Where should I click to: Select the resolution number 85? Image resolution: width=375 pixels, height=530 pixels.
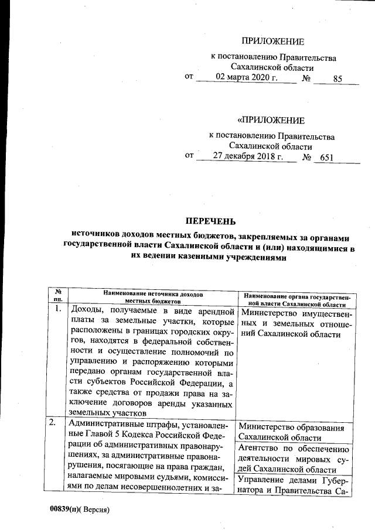click(337, 78)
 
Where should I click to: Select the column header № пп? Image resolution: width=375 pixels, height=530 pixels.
click(57, 295)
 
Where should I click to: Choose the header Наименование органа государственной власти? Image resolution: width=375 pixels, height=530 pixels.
click(296, 300)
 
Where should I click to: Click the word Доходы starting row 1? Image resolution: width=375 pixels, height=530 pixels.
click(87, 310)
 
